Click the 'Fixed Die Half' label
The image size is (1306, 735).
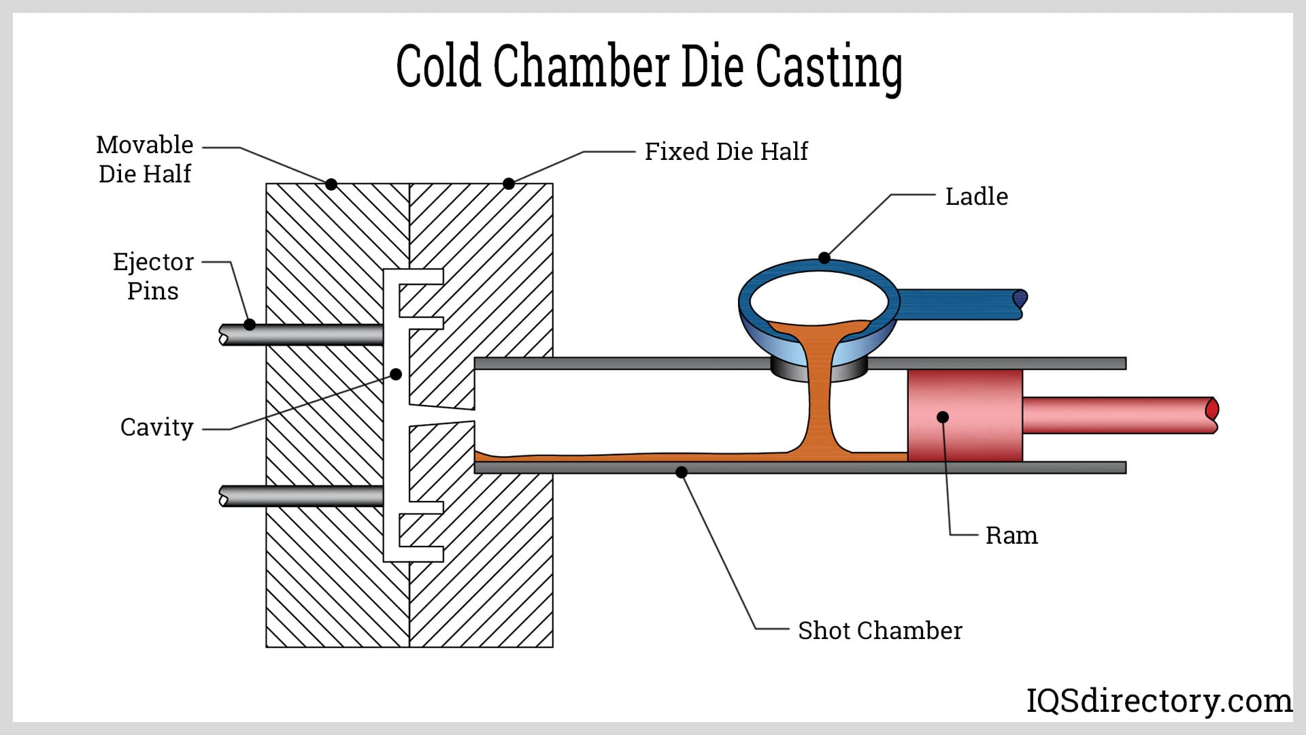click(726, 151)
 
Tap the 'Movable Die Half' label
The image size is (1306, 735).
click(144, 159)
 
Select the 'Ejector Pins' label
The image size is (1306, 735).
click(153, 276)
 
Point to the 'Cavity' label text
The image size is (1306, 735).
click(156, 427)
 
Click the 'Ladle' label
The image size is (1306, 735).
click(976, 197)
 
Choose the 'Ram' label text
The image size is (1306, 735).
click(1011, 536)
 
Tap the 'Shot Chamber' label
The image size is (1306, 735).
click(880, 631)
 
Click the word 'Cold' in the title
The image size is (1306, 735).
click(438, 67)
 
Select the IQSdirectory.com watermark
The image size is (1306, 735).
click(1158, 701)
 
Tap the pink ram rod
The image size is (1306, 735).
click(1116, 415)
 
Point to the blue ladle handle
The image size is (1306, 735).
click(959, 304)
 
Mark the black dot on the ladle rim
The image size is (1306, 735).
click(824, 258)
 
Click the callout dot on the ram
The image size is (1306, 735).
click(943, 417)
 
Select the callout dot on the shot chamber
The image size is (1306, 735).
click(682, 472)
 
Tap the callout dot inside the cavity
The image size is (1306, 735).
click(396, 374)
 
